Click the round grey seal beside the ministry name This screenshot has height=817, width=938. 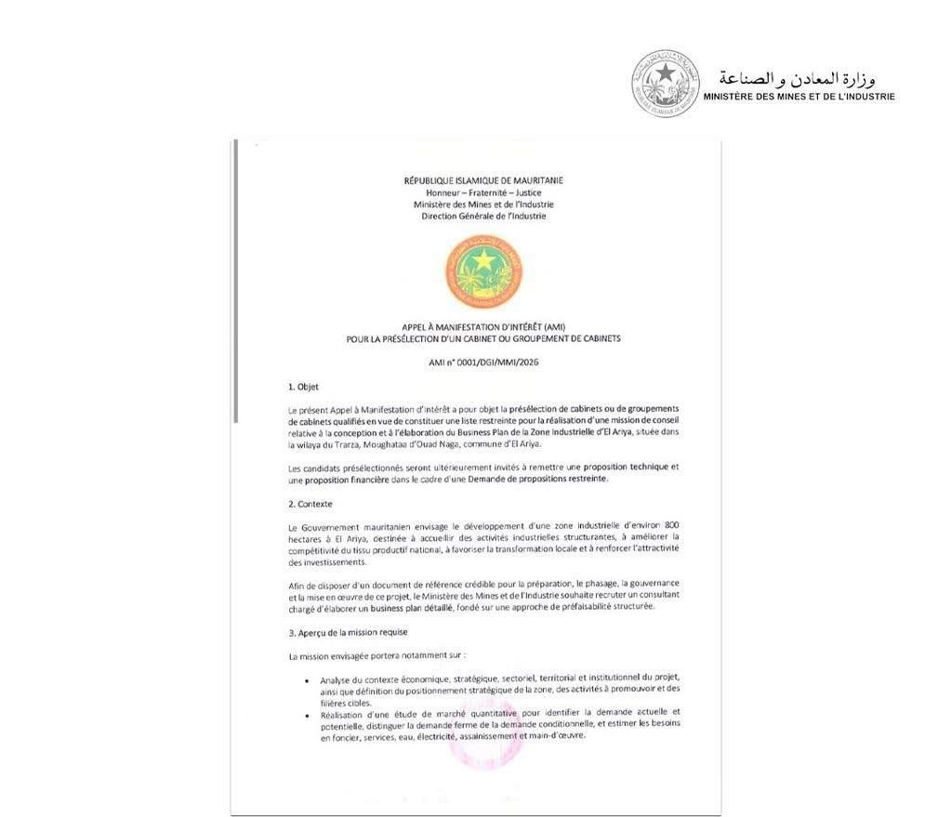[665, 84]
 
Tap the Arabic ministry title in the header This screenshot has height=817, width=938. [798, 77]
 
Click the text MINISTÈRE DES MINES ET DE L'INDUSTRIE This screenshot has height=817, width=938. [799, 96]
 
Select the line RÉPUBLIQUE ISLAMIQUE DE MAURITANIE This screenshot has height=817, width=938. [483, 180]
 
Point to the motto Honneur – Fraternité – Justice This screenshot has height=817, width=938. [483, 192]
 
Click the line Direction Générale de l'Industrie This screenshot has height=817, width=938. [483, 217]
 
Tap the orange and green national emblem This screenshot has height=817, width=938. [483, 272]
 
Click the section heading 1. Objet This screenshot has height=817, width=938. [303, 387]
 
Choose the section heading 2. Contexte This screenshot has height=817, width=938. [310, 504]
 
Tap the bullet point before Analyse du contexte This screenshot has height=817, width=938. [309, 680]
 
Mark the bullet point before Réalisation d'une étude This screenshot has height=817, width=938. [309, 714]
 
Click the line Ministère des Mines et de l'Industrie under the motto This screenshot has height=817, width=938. [483, 204]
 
